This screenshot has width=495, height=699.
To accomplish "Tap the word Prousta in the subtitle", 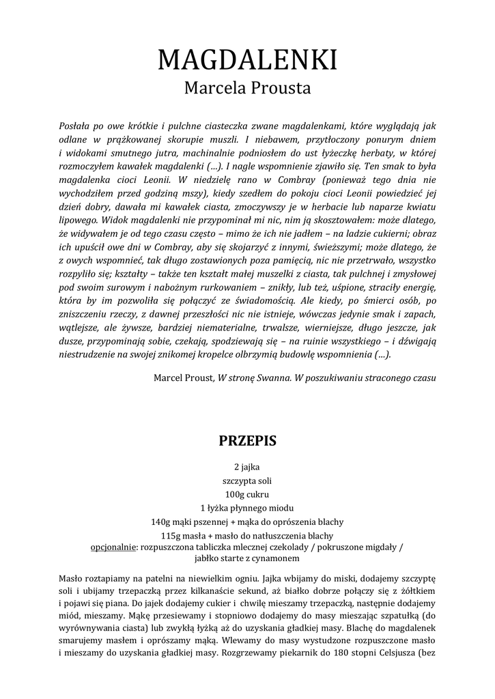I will pos(281,89).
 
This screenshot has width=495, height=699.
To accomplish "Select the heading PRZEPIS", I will pos(247,440).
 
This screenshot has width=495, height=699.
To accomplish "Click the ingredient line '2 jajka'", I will pos(247,467).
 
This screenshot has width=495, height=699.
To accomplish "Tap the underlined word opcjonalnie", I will pos(113,547).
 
